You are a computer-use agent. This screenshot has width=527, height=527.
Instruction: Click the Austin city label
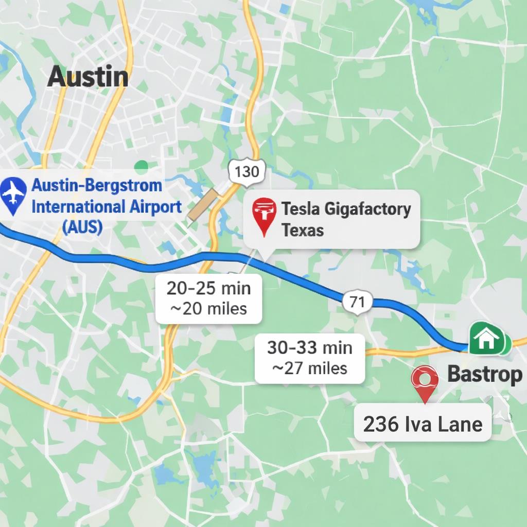tap(87, 77)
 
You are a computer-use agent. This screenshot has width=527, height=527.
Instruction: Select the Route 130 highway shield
tap(247, 171)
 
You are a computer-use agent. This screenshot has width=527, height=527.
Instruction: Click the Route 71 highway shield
tap(357, 302)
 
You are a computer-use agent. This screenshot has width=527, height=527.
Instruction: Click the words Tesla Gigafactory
tap(346, 209)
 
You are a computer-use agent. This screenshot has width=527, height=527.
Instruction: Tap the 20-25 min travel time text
tap(208, 288)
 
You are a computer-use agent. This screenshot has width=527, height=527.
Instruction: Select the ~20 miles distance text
tap(208, 308)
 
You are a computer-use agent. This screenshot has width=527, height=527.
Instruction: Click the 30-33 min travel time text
tap(310, 347)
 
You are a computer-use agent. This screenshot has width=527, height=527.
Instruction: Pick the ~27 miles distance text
tap(310, 368)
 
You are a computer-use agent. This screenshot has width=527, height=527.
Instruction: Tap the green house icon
tap(486, 339)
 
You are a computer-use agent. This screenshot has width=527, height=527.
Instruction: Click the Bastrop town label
tap(484, 374)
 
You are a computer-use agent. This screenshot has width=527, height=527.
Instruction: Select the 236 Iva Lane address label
tap(423, 424)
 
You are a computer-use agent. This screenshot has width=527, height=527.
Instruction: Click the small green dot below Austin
tap(141, 166)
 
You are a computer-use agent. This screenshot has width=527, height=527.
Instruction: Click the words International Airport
tap(107, 207)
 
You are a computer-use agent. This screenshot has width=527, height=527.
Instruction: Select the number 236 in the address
tap(381, 424)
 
